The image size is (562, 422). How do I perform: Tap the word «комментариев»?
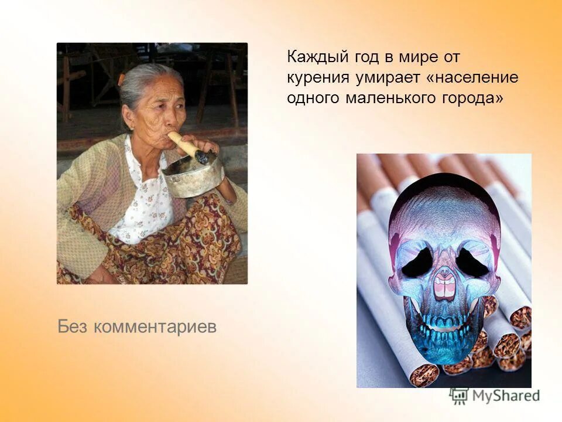pos(155,327)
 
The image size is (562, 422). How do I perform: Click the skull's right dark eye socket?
pos(472,261)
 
